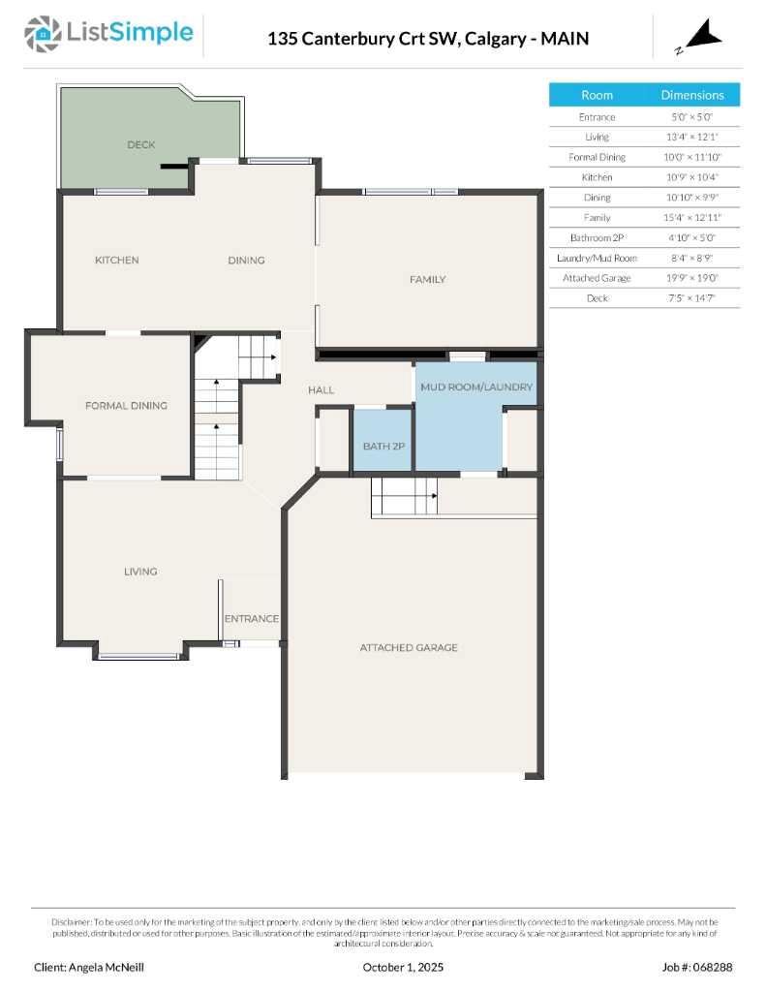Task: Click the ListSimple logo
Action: (108, 36)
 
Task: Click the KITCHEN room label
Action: (116, 260)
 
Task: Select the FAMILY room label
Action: (427, 279)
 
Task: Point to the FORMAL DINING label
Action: (126, 405)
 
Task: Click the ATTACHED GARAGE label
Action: (409, 647)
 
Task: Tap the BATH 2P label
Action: (383, 446)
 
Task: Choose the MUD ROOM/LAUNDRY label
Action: (475, 387)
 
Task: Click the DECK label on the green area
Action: (141, 144)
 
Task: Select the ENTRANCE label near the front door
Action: (252, 618)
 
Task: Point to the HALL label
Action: (322, 389)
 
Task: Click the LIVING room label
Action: (140, 572)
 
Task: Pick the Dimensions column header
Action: (692, 95)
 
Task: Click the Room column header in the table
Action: (597, 95)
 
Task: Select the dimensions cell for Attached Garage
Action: (692, 278)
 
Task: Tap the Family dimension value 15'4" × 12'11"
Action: (692, 217)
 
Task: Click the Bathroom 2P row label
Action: (597, 237)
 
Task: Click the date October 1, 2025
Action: (402, 967)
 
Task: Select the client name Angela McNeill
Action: (89, 967)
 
